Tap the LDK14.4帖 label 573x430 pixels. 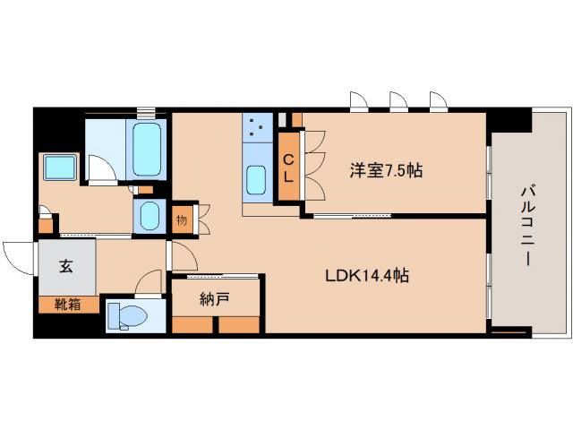[366, 277]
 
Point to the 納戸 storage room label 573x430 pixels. [216, 298]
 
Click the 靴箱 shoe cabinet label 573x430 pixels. [68, 305]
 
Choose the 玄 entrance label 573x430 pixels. [67, 266]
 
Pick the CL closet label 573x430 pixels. [288, 168]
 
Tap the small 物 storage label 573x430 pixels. [182, 218]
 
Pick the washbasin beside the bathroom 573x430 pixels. [149, 216]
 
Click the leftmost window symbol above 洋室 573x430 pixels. [359, 100]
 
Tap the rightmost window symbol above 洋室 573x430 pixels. [438, 100]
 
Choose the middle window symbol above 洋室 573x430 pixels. [398, 100]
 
